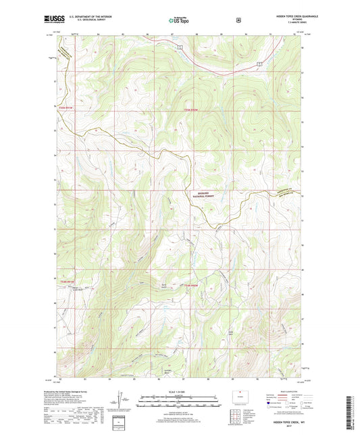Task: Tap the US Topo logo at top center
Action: click(179, 20)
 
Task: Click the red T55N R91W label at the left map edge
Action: click(66, 109)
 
